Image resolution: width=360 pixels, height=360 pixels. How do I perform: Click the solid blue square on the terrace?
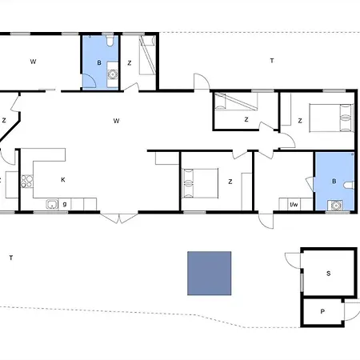[210, 274]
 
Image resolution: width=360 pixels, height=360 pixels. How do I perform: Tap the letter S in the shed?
[329, 274]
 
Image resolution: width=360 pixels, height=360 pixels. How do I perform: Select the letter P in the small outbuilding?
[322, 311]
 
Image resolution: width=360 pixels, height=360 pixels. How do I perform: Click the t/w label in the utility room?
[294, 205]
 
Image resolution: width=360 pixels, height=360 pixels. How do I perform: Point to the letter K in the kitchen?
[63, 180]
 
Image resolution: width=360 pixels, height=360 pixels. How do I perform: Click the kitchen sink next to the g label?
[52, 205]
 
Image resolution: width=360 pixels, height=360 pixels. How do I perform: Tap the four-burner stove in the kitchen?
[27, 182]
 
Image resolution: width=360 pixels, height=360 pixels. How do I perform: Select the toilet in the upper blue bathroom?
[110, 41]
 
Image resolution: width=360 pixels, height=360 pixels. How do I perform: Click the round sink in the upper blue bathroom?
[113, 74]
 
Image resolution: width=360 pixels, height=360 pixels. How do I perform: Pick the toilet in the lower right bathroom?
[349, 185]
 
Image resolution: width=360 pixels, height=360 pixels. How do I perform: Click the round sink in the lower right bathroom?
[335, 206]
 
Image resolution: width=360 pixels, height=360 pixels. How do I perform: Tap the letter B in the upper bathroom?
[99, 62]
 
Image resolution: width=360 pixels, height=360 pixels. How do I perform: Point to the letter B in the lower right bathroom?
[334, 182]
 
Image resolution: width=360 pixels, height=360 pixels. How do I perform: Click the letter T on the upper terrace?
[272, 61]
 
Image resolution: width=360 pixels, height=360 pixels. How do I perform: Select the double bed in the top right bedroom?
[331, 118]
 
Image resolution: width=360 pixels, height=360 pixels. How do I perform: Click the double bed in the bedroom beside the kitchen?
[200, 183]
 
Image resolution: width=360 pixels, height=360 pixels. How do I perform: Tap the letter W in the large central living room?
[116, 121]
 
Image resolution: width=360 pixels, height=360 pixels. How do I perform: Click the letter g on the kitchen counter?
[65, 205]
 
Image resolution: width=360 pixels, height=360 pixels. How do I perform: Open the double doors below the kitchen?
[119, 218]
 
